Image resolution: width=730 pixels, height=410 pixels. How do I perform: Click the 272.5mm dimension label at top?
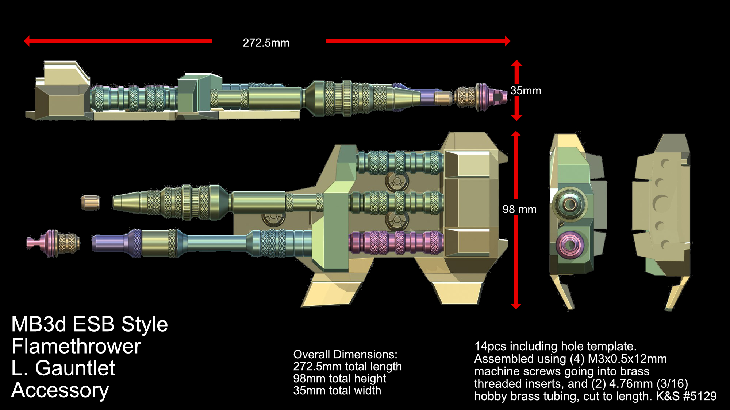tap(266, 43)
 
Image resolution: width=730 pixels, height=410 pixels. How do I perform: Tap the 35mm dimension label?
tap(526, 91)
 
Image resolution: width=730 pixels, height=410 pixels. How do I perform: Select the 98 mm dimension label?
tap(519, 210)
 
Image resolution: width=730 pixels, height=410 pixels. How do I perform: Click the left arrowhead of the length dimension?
tap(27, 41)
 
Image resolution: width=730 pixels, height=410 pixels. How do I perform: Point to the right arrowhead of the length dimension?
tap(507, 41)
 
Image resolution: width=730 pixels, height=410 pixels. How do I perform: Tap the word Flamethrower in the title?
tap(76, 346)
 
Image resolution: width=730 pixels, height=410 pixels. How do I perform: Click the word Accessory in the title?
tap(60, 390)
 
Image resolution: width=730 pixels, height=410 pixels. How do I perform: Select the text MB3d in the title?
tap(38, 324)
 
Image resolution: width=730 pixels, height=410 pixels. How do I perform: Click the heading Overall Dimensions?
tap(345, 354)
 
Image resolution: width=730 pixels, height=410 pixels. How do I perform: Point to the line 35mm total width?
tap(337, 391)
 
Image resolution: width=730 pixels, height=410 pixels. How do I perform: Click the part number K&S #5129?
tap(686, 396)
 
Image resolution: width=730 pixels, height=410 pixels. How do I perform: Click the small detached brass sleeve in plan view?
tap(91, 203)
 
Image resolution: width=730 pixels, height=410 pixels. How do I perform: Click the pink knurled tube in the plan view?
tap(396, 242)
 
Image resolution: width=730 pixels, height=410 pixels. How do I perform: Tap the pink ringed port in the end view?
tap(570, 244)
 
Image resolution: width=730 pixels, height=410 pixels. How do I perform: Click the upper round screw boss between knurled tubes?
tap(396, 181)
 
